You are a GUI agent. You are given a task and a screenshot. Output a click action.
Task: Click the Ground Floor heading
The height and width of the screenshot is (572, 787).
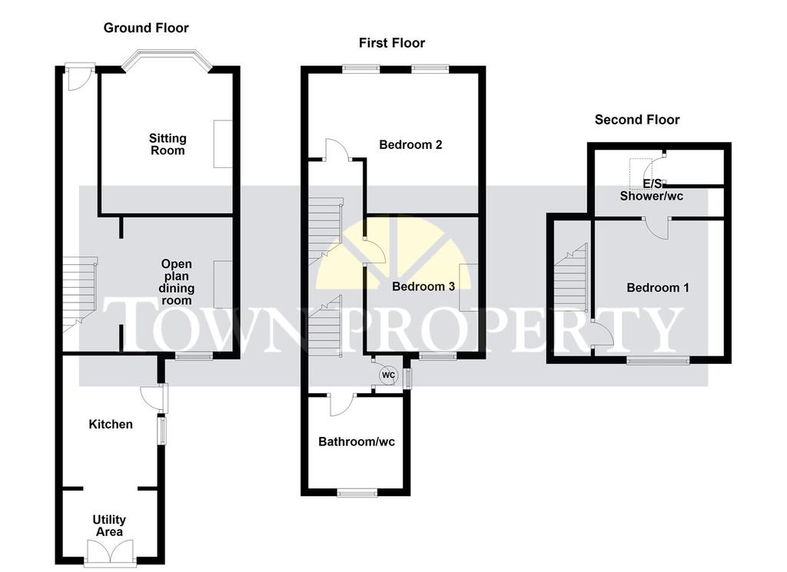pyautogui.click(x=146, y=28)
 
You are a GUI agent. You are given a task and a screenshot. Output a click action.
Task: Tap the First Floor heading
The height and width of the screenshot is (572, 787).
pyautogui.click(x=392, y=43)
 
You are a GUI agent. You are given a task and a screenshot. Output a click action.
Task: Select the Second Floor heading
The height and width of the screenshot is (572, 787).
pyautogui.click(x=637, y=120)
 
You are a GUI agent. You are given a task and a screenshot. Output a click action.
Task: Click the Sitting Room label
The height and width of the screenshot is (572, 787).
pyautogui.click(x=168, y=144)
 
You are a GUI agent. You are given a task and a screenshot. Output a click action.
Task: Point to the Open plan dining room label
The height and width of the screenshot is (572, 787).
pyautogui.click(x=176, y=283)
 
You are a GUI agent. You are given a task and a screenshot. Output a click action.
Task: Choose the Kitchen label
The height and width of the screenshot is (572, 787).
pyautogui.click(x=111, y=425)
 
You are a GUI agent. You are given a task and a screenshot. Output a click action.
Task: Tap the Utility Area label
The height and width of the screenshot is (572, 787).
pyautogui.click(x=109, y=526)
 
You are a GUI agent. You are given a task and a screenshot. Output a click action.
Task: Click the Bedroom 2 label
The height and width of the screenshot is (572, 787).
pyautogui.click(x=410, y=145)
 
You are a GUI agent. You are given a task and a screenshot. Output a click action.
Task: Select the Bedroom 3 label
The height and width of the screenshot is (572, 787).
pyautogui.click(x=423, y=286)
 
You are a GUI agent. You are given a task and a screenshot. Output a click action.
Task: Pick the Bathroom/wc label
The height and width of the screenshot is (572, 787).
pyautogui.click(x=357, y=441)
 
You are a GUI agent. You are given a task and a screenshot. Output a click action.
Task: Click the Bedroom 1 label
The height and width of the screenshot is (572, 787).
pyautogui.click(x=658, y=288)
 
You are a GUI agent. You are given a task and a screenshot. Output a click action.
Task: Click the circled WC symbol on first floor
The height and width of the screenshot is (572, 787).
pyautogui.click(x=388, y=375)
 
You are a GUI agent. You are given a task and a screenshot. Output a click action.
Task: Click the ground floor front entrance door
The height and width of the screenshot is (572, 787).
pyautogui.click(x=80, y=76)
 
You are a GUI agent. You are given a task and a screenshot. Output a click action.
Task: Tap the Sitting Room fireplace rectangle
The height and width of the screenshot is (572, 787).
pyautogui.click(x=223, y=144)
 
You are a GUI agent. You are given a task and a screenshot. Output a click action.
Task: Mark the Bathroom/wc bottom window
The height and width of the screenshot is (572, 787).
pyautogui.click(x=357, y=493)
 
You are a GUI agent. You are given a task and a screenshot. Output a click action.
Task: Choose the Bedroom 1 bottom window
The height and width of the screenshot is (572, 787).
pyautogui.click(x=658, y=359)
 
